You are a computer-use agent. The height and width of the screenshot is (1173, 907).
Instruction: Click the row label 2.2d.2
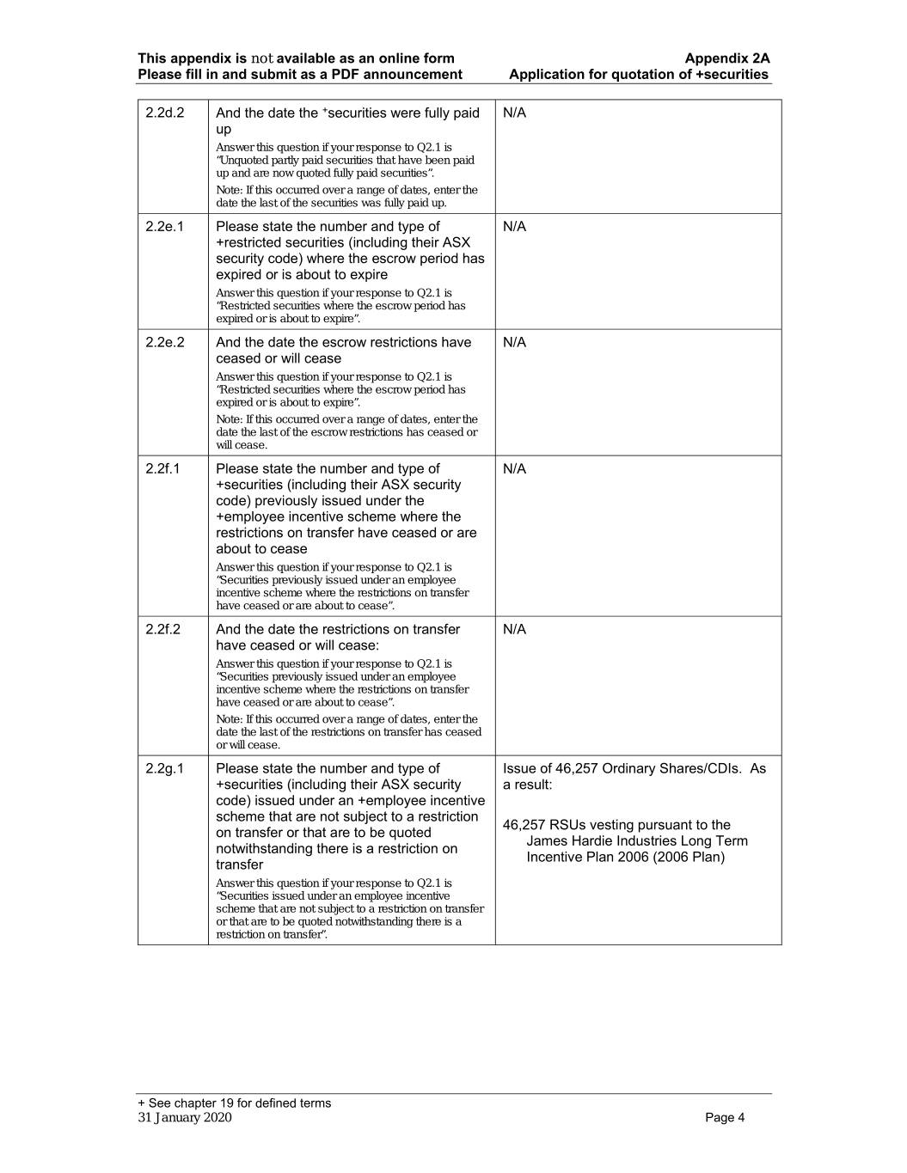pos(164,113)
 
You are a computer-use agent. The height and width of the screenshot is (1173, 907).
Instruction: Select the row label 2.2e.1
pos(164,227)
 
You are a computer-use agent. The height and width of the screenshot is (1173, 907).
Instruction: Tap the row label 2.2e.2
pos(164,342)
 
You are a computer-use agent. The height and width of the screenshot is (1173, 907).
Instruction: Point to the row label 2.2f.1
pos(163,468)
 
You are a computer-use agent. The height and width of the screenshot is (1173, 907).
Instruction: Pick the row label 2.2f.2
pos(163,629)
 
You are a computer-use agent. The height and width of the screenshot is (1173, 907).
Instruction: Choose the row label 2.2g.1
pos(164,768)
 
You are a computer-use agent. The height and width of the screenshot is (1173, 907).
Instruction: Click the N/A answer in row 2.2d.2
pos(514,113)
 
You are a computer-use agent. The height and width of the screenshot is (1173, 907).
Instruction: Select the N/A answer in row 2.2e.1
pos(514,227)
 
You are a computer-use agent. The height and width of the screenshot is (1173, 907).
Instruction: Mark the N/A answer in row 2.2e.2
pos(514,342)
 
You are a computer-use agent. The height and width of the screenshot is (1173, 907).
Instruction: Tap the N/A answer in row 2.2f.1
pos(514,468)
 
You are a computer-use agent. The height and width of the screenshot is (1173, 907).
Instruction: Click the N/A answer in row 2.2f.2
pos(514,629)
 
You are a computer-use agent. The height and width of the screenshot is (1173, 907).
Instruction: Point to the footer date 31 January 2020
pos(185,1117)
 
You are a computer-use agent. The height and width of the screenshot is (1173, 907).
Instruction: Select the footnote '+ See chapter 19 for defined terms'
pos(234,1103)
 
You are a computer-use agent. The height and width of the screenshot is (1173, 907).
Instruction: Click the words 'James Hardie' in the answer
pos(568,840)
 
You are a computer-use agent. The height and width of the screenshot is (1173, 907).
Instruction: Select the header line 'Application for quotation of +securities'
pos(639,74)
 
